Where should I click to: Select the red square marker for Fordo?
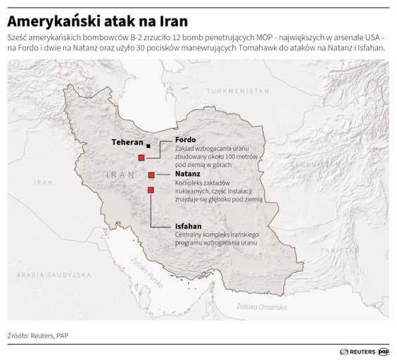click(141, 158)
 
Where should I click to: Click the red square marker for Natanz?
click(151, 174)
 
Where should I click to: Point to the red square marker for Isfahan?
click(150, 190)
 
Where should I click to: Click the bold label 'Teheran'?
click(128, 142)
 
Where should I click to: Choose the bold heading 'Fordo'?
click(185, 139)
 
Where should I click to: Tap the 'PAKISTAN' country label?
click(336, 250)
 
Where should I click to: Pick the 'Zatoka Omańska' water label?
click(259, 306)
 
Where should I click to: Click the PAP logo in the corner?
click(384, 349)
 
